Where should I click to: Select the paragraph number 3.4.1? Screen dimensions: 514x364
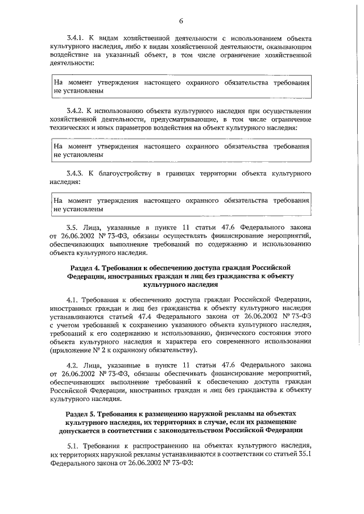coord(76,38)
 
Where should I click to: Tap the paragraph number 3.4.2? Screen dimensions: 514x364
coord(76,110)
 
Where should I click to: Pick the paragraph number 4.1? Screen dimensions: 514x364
coord(73,299)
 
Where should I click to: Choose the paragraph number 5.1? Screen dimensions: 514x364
coord(73,446)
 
